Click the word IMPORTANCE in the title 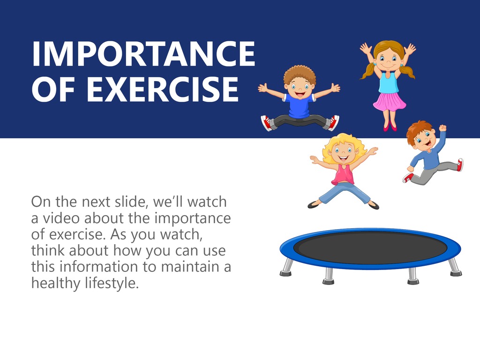(x=143, y=53)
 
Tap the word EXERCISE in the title (x=162, y=89)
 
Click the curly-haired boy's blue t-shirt (x=299, y=106)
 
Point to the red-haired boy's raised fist (x=442, y=127)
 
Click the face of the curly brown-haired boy (x=299, y=88)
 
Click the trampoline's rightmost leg (x=455, y=267)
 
